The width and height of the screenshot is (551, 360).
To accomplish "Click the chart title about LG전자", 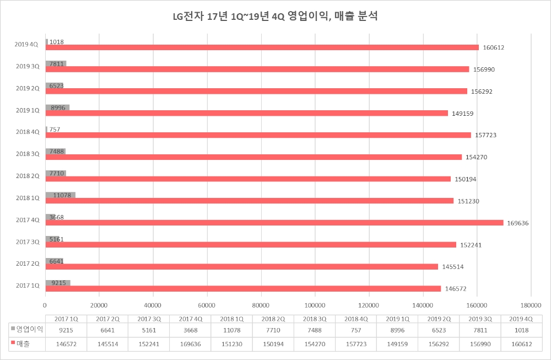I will [x=275, y=17].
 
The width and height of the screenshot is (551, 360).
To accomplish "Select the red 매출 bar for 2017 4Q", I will [x=275, y=223].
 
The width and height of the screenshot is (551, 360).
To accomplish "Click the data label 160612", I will [x=494, y=47].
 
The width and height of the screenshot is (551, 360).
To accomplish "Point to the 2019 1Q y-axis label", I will [x=27, y=110].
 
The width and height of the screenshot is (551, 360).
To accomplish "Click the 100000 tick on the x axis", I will [x=315, y=305].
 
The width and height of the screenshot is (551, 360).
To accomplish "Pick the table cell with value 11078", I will [x=231, y=330].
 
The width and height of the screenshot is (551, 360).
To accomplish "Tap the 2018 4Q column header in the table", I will [x=356, y=318].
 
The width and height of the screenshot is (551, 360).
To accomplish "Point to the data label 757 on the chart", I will [x=55, y=130].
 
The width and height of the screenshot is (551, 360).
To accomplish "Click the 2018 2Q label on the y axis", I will [x=27, y=176].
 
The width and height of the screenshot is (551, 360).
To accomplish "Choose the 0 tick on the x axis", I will [x=45, y=305].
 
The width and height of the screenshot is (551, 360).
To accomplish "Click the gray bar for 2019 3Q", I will [x=56, y=63].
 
